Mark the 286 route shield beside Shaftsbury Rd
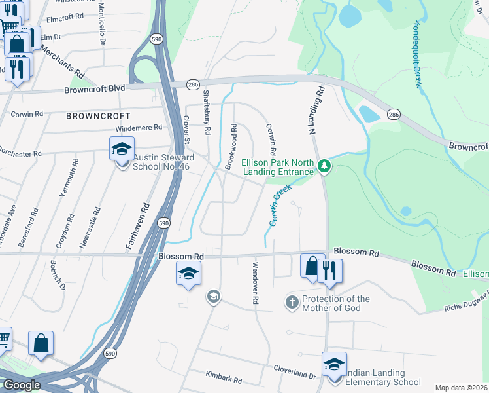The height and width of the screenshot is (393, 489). click(x=193, y=84)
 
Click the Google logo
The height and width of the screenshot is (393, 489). click(x=22, y=385)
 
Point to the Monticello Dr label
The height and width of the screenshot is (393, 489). click(x=103, y=23)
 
